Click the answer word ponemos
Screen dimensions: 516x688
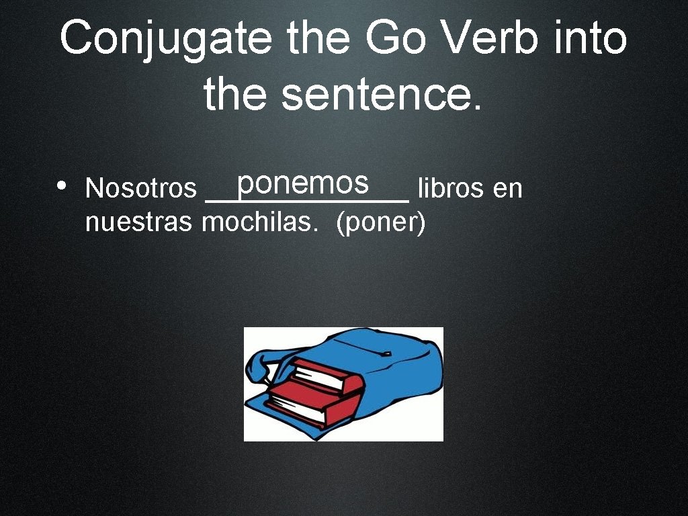(303, 183)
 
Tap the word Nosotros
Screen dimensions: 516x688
(140, 189)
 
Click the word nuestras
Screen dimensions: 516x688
(138, 222)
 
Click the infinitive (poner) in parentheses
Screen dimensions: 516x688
(380, 222)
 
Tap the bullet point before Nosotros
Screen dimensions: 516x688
(61, 185)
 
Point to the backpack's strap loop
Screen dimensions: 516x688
(259, 366)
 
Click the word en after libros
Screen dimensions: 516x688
(507, 189)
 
